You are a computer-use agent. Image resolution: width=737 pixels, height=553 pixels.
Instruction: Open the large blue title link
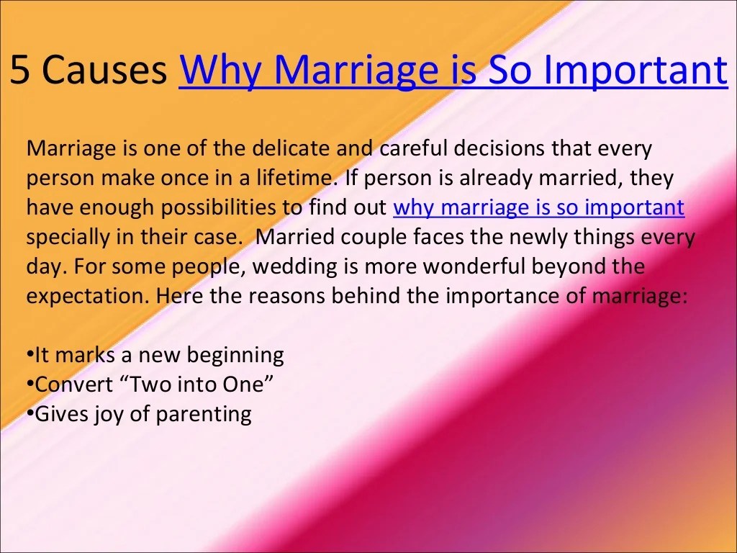click(453, 71)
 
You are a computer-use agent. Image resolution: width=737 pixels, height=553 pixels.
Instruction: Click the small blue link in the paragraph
click(539, 207)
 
